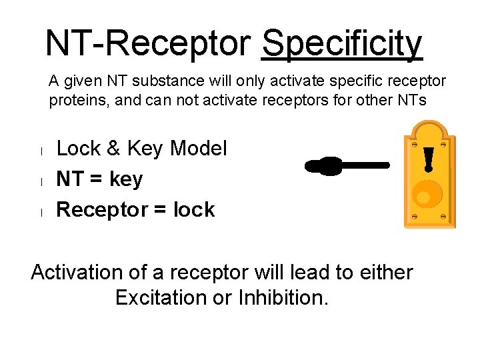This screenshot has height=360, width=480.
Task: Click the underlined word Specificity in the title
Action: click(342, 44)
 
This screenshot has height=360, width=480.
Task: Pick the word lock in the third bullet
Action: click(194, 209)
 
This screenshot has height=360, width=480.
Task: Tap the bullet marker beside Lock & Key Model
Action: click(41, 151)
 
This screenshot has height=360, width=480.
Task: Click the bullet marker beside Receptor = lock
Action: click(41, 212)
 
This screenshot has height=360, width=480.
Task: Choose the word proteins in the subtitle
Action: click(75, 101)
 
